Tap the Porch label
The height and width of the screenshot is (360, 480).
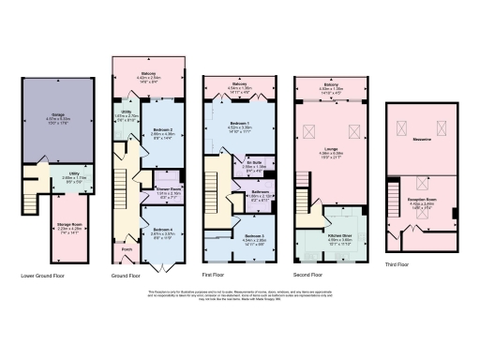coord(127,249)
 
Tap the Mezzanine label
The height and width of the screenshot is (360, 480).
coord(421,139)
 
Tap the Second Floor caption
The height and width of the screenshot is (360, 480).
coord(308,276)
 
